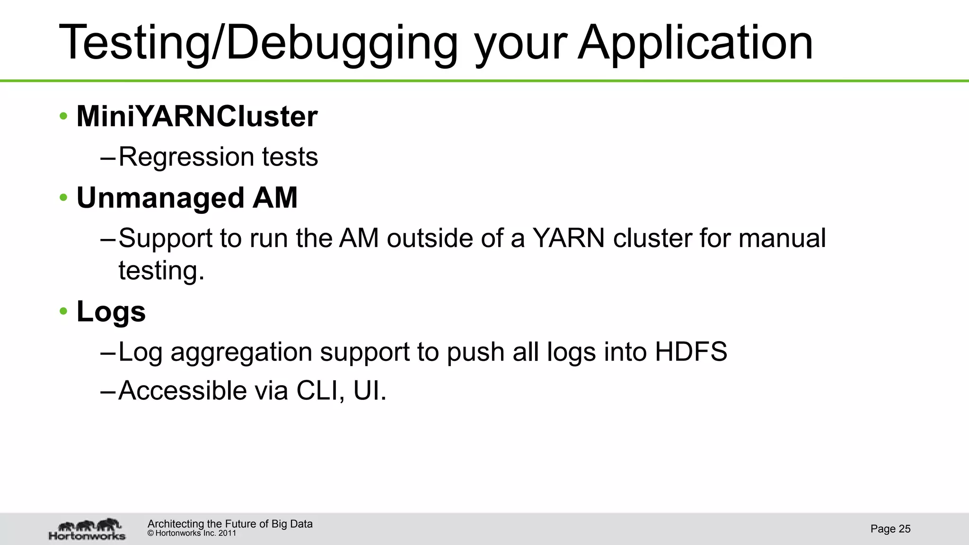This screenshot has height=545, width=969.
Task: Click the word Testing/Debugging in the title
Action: pos(258,44)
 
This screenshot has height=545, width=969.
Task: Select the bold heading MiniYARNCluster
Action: pos(197,116)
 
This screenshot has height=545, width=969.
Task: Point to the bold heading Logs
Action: pos(111,312)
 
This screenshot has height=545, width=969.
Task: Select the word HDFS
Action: pos(691,352)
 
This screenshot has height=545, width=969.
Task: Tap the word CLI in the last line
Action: pos(320,391)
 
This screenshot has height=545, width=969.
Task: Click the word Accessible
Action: pos(182,391)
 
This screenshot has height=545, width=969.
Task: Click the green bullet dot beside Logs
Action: pos(63,312)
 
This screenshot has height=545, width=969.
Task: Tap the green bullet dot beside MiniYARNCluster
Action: pos(63,116)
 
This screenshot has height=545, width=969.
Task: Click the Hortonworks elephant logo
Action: pos(88,529)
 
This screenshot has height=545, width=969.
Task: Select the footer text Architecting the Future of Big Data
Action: pos(230,524)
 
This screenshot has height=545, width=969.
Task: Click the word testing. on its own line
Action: pos(161,271)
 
